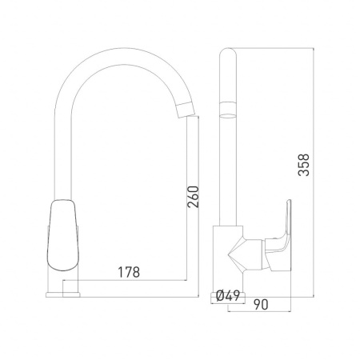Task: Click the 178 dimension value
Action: [x=129, y=272]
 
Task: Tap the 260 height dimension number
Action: [x=193, y=197]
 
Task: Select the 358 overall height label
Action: [x=303, y=165]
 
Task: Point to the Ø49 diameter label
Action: [x=228, y=296]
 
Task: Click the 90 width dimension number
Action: [x=261, y=305]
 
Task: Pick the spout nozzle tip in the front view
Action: [x=186, y=110]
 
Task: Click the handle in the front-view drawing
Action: [x=63, y=235]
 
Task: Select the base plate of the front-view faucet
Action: [x=63, y=294]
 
